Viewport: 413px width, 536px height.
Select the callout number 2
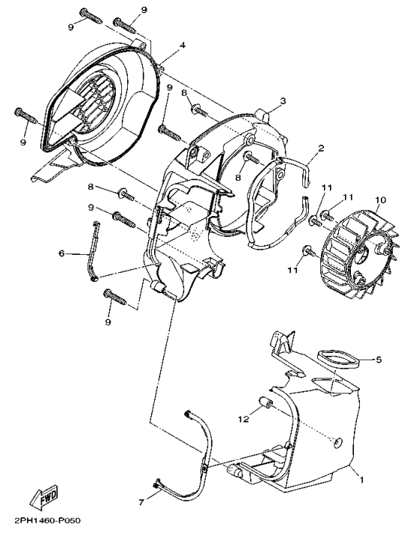[320, 149]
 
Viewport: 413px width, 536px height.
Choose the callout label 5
[379, 360]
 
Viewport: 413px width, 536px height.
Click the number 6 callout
[62, 254]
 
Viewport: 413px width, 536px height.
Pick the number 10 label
[381, 200]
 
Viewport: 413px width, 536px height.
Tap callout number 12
[242, 419]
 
